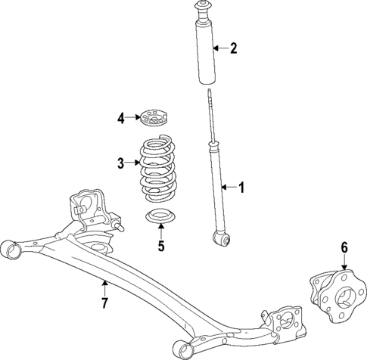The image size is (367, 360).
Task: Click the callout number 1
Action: [241, 187]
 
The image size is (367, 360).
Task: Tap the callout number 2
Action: [233, 49]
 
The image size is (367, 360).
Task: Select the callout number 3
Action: [120, 162]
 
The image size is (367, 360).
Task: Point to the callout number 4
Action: [120, 117]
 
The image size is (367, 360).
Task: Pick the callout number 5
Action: [160, 245]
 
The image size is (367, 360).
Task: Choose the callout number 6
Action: [344, 247]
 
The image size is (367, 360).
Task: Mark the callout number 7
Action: [104, 303]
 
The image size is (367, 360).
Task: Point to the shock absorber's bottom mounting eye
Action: [222, 240]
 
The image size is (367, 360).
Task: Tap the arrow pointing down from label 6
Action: [344, 263]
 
